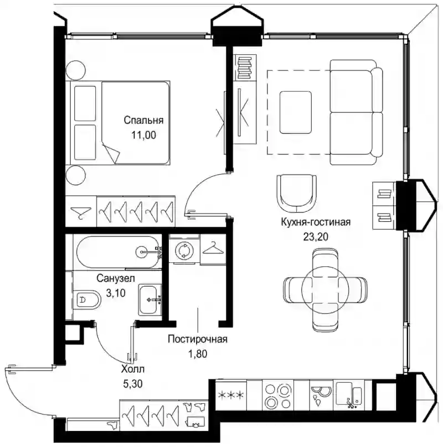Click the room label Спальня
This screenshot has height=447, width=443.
tap(143, 120)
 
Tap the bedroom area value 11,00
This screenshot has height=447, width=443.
tap(143, 135)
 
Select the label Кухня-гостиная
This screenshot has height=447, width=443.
tap(316, 222)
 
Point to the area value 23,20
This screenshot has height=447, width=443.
tap(316, 237)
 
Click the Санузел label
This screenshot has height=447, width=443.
tap(116, 278)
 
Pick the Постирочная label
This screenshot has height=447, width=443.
tap(198, 339)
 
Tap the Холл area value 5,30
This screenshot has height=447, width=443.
tap(133, 384)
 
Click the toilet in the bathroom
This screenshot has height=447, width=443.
tap(87, 299)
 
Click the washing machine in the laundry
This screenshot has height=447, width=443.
tap(184, 250)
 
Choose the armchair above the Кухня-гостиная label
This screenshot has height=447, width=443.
tap(297, 194)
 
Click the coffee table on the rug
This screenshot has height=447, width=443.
tap(295, 113)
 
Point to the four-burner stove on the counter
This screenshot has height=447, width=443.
tap(278, 395)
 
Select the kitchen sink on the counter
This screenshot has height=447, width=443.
tap(349, 394)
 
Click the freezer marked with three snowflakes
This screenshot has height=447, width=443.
tap(231, 395)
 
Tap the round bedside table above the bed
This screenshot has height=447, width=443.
tap(75, 70)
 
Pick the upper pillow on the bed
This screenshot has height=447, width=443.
tap(85, 103)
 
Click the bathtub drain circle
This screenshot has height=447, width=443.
tap(142, 251)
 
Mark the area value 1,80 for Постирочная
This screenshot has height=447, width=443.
tap(198, 354)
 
